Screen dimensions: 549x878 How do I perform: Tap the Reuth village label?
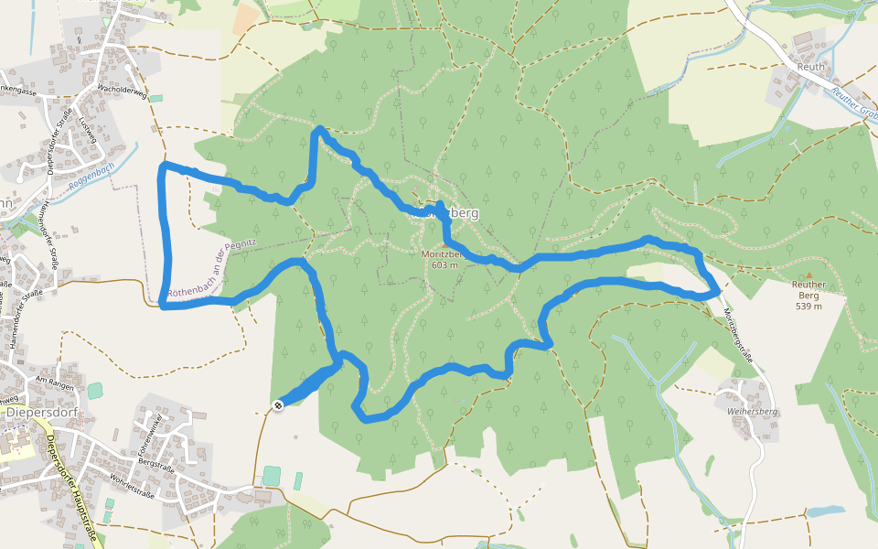810,67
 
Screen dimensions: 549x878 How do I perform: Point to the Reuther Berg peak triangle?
808,274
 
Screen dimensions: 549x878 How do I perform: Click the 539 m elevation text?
808,306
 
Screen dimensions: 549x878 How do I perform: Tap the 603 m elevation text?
440,265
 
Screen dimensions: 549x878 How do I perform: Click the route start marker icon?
277,404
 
